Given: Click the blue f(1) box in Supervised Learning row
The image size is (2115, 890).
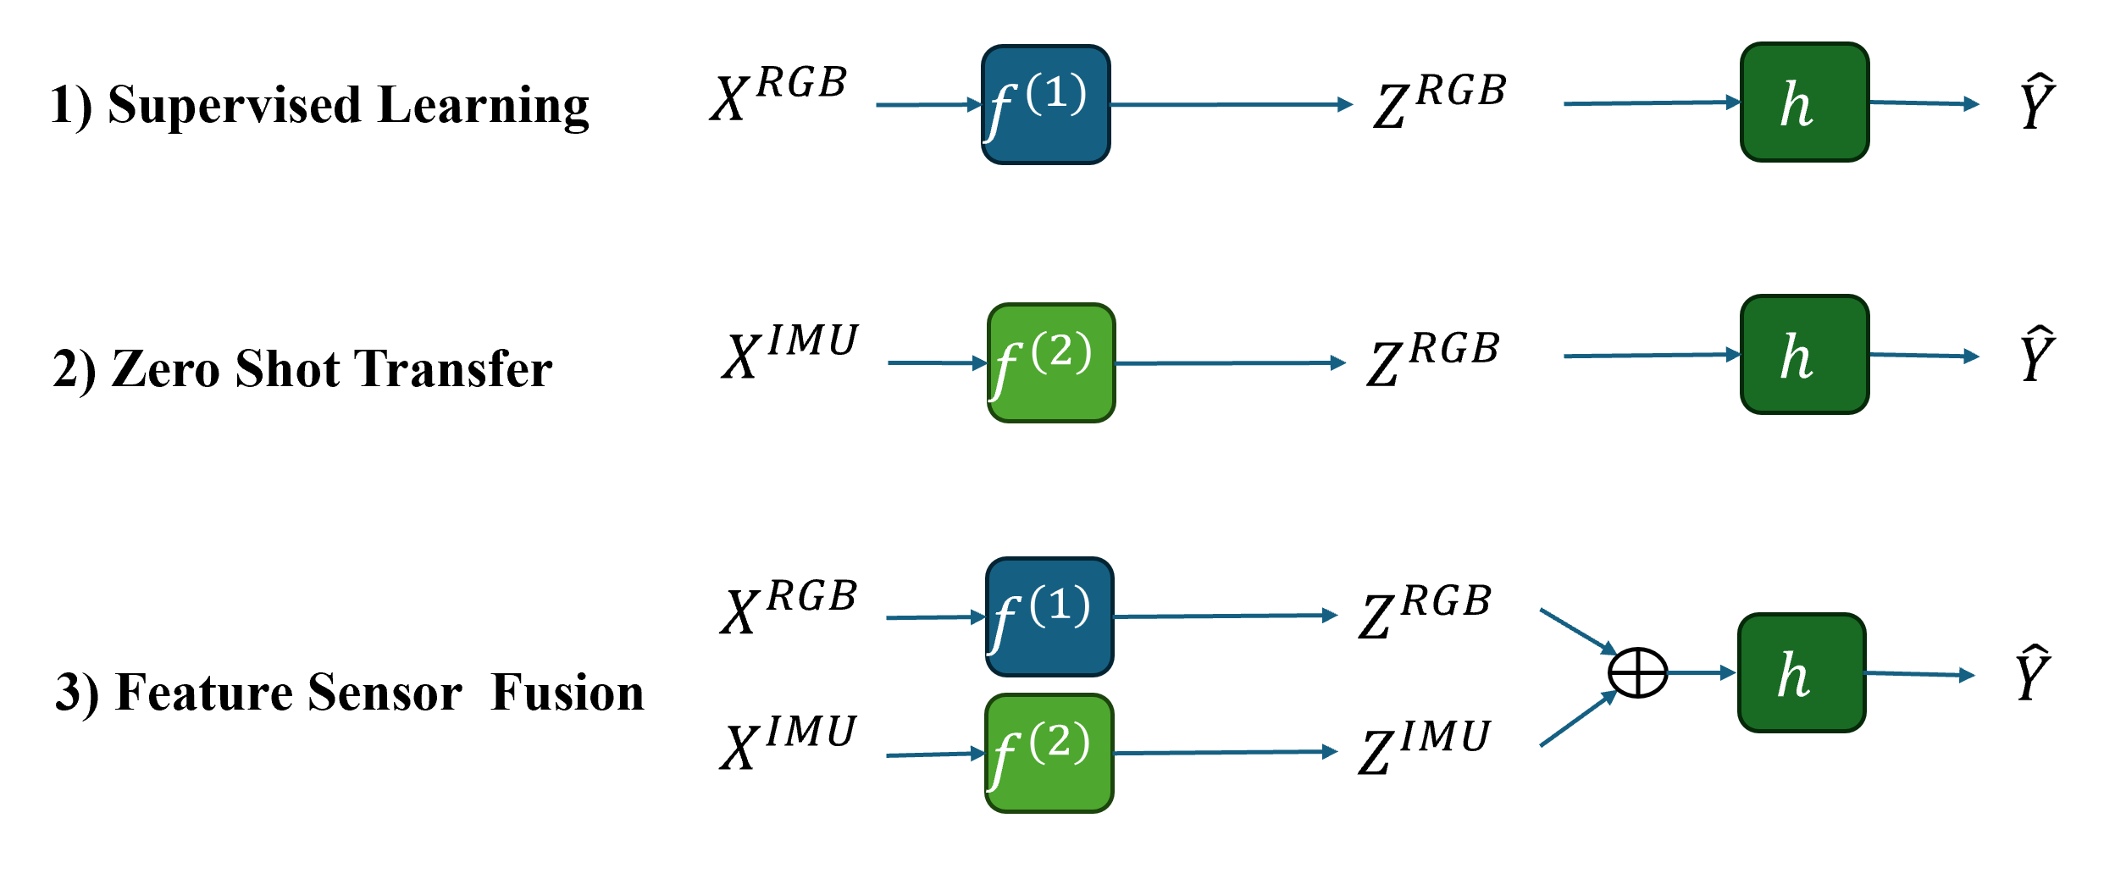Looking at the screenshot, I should tap(1045, 104).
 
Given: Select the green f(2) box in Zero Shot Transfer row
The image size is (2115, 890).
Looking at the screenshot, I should tap(1051, 362).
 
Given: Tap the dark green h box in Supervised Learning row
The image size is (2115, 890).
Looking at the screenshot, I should tap(1804, 102).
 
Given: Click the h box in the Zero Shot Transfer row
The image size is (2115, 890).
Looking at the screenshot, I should tap(1804, 355).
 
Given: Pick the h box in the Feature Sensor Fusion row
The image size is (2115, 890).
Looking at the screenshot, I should tap(1802, 673).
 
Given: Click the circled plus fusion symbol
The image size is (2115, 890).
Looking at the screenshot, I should tap(1637, 673).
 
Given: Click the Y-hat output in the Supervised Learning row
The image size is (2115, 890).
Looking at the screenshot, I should tap(2037, 102).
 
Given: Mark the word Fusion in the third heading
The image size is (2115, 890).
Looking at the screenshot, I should tap(568, 693).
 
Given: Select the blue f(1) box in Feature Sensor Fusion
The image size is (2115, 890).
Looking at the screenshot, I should tap(1049, 616).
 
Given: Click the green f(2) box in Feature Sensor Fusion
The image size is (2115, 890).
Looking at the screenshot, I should tap(1049, 753).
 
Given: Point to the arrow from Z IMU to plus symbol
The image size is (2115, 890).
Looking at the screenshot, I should tap(1577, 720).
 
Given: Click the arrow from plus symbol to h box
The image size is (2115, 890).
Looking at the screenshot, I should tap(1701, 673).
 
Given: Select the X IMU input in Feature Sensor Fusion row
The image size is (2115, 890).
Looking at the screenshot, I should tap(789, 743).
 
